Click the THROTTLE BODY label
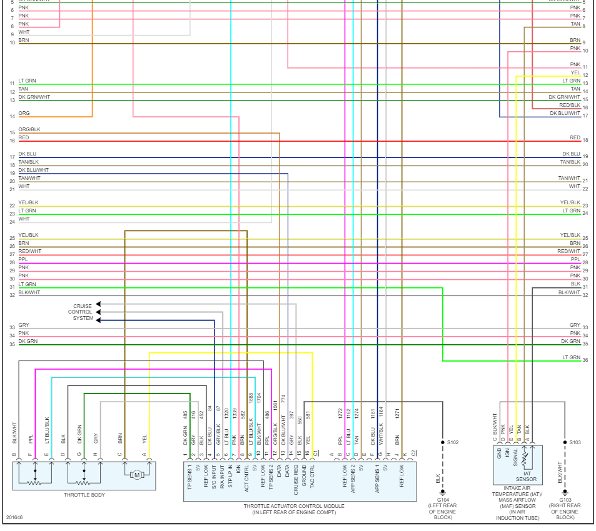point(84,495)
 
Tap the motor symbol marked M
point(137,475)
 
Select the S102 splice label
point(453,442)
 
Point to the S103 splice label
point(575,442)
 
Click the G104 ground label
point(442,499)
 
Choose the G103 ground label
point(565,499)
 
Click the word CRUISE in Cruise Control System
point(83,306)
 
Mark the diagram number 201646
point(14,517)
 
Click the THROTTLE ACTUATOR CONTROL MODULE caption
point(300,506)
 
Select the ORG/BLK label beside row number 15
point(29,129)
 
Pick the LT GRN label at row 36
point(571,357)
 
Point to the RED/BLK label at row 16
point(570,105)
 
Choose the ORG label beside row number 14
point(24,113)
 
